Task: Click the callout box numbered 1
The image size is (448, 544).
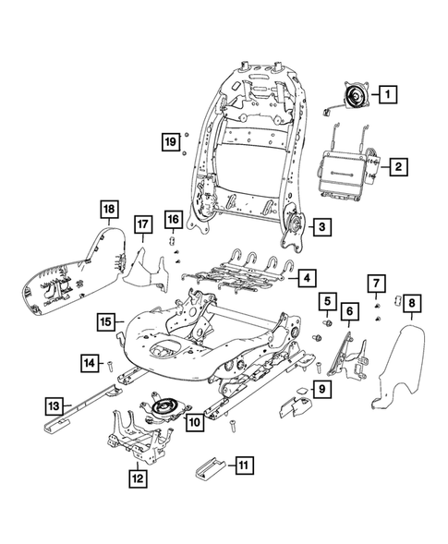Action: coord(388,93)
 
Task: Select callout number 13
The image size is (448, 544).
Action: coord(55,404)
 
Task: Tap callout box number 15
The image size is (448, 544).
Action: coord(107,321)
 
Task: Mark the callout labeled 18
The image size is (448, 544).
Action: coord(108,211)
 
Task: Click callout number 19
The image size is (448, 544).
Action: coord(169,141)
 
